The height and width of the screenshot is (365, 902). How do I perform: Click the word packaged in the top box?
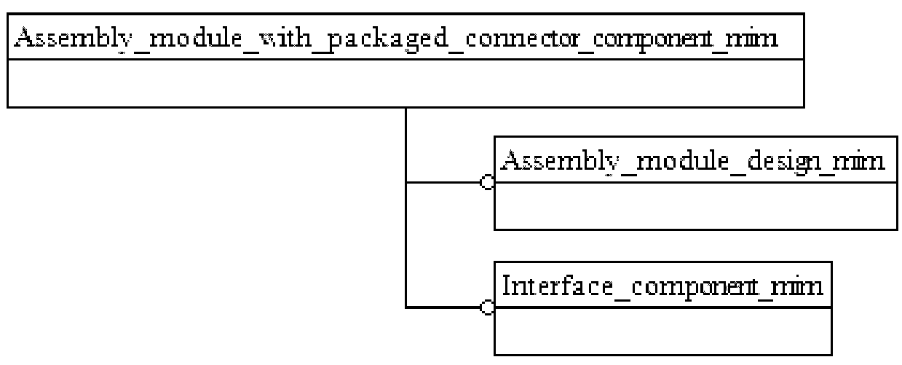(x=388, y=39)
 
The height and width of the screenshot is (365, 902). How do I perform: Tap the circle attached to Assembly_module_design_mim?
(x=487, y=182)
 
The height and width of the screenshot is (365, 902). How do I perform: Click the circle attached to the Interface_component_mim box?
(x=487, y=307)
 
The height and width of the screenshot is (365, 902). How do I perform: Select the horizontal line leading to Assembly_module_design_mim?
(x=443, y=182)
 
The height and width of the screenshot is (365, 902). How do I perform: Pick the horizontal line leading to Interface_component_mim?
(x=443, y=307)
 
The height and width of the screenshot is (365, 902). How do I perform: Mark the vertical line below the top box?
(x=406, y=208)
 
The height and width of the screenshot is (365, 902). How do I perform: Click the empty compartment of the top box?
(x=406, y=83)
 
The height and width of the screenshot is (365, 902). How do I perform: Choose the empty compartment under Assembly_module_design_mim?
(x=696, y=206)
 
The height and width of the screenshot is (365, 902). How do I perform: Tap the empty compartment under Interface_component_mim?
(x=663, y=331)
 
